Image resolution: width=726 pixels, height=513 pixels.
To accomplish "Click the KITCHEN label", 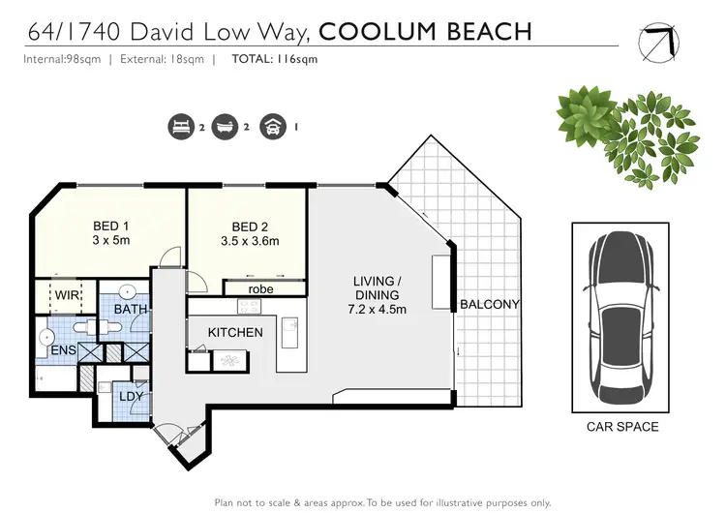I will pyautogui.click(x=235, y=332).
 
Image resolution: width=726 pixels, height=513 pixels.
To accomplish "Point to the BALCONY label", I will pyautogui.click(x=490, y=304).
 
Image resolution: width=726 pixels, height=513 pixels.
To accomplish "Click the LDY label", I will pyautogui.click(x=131, y=396).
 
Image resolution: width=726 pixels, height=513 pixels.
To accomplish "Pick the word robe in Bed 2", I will pyautogui.click(x=260, y=288).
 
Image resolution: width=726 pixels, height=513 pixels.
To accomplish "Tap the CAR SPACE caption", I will pyautogui.click(x=622, y=427).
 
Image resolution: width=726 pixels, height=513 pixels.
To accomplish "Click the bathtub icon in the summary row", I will pyautogui.click(x=227, y=125).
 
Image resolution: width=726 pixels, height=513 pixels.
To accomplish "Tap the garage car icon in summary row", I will pyautogui.click(x=273, y=125).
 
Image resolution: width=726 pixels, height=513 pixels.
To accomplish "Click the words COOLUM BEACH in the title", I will pyautogui.click(x=425, y=31).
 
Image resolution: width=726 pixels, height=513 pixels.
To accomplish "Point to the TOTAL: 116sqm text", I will pyautogui.click(x=274, y=58).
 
